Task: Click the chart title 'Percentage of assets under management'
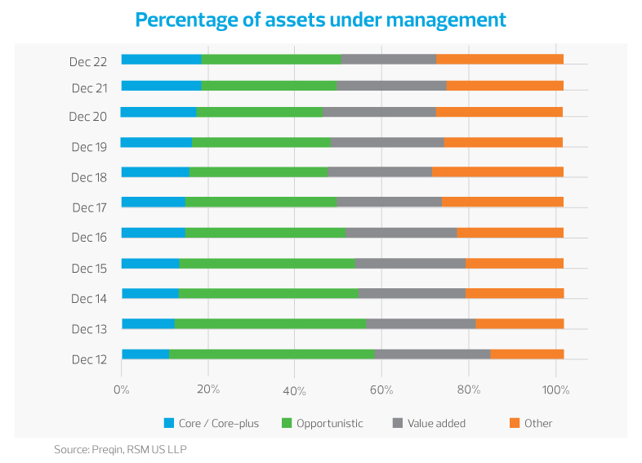click(x=320, y=20)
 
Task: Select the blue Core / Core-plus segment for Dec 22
click(x=161, y=59)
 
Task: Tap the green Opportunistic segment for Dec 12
click(x=271, y=354)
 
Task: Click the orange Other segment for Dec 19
click(x=503, y=142)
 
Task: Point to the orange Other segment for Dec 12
click(x=527, y=354)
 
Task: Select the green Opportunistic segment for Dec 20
click(x=260, y=111)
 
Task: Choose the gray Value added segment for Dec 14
click(x=412, y=293)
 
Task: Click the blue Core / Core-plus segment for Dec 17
click(x=153, y=202)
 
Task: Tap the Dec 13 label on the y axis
click(x=89, y=329)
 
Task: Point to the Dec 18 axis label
click(x=89, y=177)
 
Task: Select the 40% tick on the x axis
click(x=294, y=390)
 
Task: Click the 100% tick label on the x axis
click(x=555, y=390)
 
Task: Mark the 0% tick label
click(x=121, y=390)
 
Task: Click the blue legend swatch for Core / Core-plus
click(x=170, y=423)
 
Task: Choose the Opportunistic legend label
click(x=330, y=423)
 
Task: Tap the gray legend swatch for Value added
click(x=398, y=423)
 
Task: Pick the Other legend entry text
click(x=538, y=423)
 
